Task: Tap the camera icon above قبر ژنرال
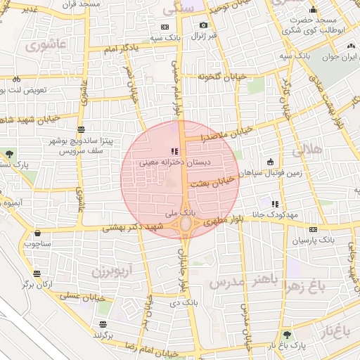(204, 25)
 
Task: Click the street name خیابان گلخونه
(223, 76)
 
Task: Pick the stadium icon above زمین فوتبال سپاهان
(270, 162)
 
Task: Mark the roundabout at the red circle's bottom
(186, 224)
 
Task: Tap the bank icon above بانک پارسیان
(312, 229)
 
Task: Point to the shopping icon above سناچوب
(37, 233)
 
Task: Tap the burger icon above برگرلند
(103, 324)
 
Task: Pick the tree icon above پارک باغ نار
(287, 335)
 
